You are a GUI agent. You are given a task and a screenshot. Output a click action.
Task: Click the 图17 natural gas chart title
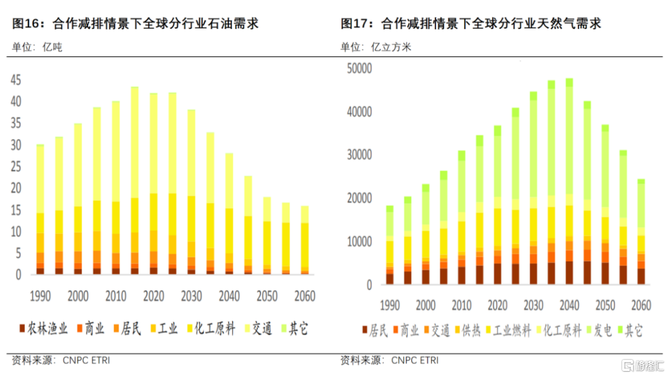(x=471, y=24)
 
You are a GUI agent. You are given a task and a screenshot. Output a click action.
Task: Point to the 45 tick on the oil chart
(x=15, y=80)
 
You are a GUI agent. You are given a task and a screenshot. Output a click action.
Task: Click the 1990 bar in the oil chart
(x=40, y=210)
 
